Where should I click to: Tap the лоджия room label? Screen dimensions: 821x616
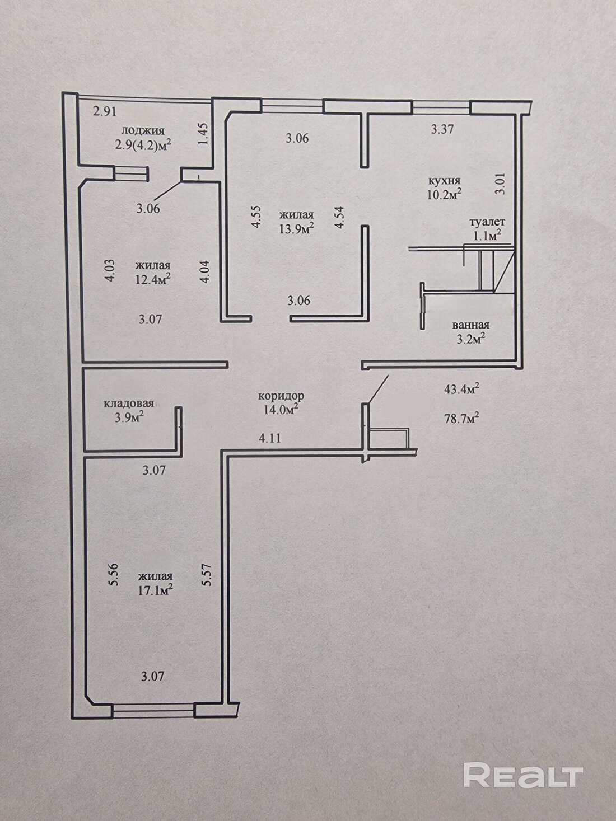click(x=143, y=131)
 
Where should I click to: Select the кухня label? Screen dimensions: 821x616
click(x=444, y=181)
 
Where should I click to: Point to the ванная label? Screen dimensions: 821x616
click(x=470, y=325)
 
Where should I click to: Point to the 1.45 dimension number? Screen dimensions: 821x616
click(x=203, y=134)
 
